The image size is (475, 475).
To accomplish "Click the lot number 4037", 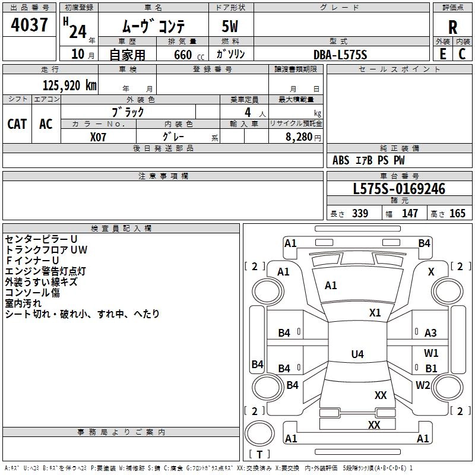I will coord(30,26).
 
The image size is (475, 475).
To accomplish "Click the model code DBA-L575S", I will coord(341,55).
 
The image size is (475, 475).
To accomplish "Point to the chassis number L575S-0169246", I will coord(398,189).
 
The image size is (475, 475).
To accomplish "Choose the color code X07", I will coord(99,136).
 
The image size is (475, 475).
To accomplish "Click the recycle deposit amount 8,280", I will coord(299,137).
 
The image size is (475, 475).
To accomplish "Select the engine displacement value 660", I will coord(182,55).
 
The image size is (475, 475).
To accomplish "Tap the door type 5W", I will coord(231,27).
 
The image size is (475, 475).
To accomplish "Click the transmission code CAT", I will coord(17,123).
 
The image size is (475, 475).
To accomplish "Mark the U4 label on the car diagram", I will coord(357,354).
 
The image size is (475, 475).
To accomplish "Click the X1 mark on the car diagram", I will coord(375,313).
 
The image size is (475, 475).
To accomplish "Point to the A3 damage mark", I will coord(430,333).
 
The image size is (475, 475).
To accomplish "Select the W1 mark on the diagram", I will coord(431,353).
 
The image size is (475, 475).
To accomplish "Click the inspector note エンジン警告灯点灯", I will coord(45,271).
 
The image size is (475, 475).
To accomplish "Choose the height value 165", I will coord(457,214).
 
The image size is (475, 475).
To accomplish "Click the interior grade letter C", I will coord(462,54).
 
